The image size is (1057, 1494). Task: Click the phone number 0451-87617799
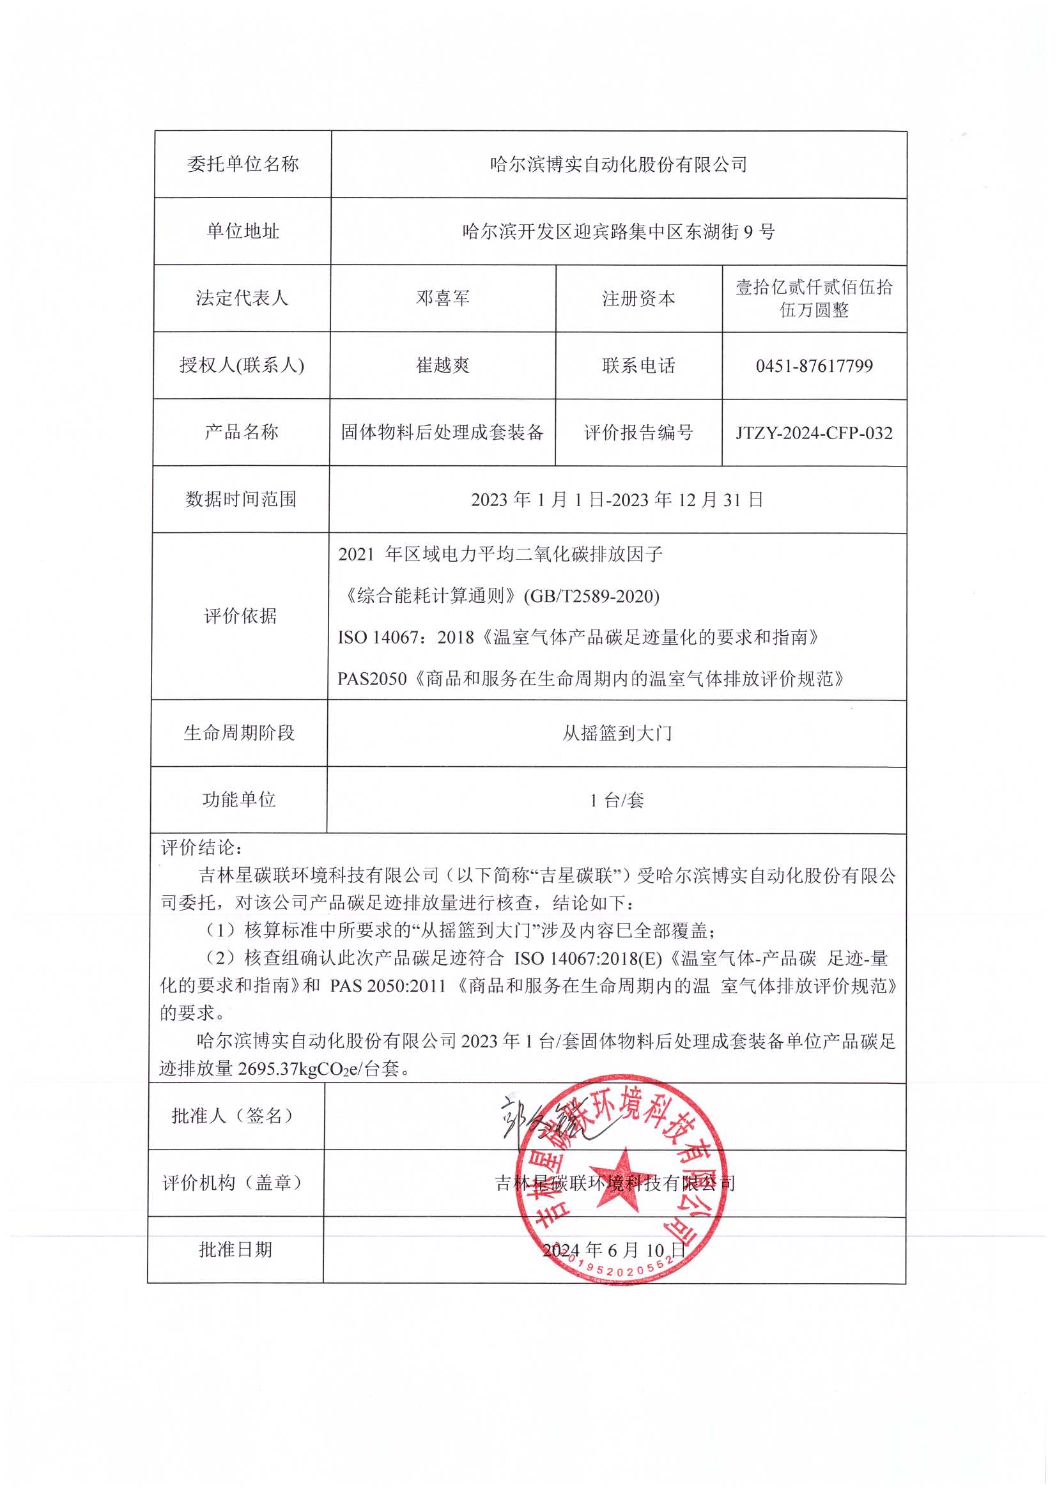(x=814, y=366)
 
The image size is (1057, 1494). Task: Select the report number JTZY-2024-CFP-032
(x=814, y=433)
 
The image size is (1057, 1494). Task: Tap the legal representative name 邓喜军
(x=443, y=298)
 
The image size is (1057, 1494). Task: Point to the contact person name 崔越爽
(x=443, y=365)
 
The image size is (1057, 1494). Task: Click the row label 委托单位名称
(x=243, y=164)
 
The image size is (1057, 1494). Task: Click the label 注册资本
(x=638, y=298)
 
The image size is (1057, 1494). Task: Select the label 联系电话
(x=638, y=366)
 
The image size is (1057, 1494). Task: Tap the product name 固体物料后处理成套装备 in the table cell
(x=442, y=432)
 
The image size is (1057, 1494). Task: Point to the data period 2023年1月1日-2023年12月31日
(x=617, y=500)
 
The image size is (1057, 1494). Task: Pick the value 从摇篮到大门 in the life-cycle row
(x=617, y=734)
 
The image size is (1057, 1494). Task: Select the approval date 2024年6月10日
(x=613, y=1250)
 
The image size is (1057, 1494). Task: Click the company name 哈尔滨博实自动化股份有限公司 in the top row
(x=619, y=165)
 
